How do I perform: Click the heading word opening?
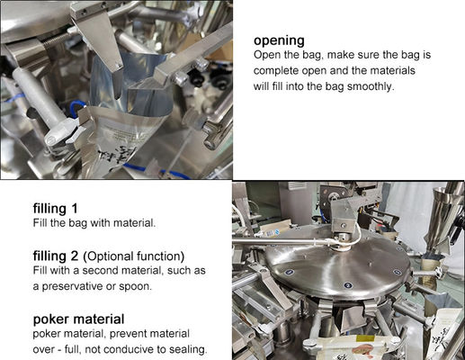pos(281,40)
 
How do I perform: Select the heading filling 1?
pos(60,207)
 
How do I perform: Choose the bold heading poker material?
pos(78,319)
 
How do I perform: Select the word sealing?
pos(185,349)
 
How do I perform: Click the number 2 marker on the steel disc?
pos(348,284)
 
